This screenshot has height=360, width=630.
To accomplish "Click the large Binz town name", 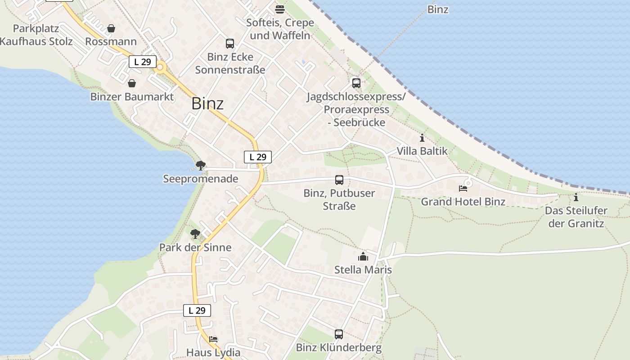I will point(207,103).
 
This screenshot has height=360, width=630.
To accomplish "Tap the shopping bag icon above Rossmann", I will point(111,28).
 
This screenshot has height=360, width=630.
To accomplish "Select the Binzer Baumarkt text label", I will point(132,97).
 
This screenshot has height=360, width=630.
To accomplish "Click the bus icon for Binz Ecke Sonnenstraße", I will point(230,44).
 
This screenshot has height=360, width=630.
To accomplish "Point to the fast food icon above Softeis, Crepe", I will point(280,9).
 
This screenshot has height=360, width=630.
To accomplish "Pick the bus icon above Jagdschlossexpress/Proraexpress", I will point(356,83).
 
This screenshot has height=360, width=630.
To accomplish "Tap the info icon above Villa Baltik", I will point(422,138).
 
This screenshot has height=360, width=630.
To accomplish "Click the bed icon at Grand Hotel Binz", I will point(463,188).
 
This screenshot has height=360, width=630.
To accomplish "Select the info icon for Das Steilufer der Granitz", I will point(576,197).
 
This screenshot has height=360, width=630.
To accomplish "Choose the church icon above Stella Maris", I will point(363,256).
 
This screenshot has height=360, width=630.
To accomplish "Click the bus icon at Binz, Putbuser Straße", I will point(339,180).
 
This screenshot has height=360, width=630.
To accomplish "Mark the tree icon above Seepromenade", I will point(201,166).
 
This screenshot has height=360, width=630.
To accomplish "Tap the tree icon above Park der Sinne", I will point(195,234).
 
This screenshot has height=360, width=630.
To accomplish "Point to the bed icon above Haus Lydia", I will point(213,339).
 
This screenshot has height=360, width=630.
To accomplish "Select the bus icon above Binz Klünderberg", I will point(339,334).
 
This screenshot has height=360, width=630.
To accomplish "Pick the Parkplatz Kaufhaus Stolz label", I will point(36,35).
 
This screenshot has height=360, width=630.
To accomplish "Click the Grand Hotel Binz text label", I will point(463,202).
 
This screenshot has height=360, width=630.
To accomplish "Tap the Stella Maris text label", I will point(363,270).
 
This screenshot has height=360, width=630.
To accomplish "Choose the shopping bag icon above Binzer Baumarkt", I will point(132,83).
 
